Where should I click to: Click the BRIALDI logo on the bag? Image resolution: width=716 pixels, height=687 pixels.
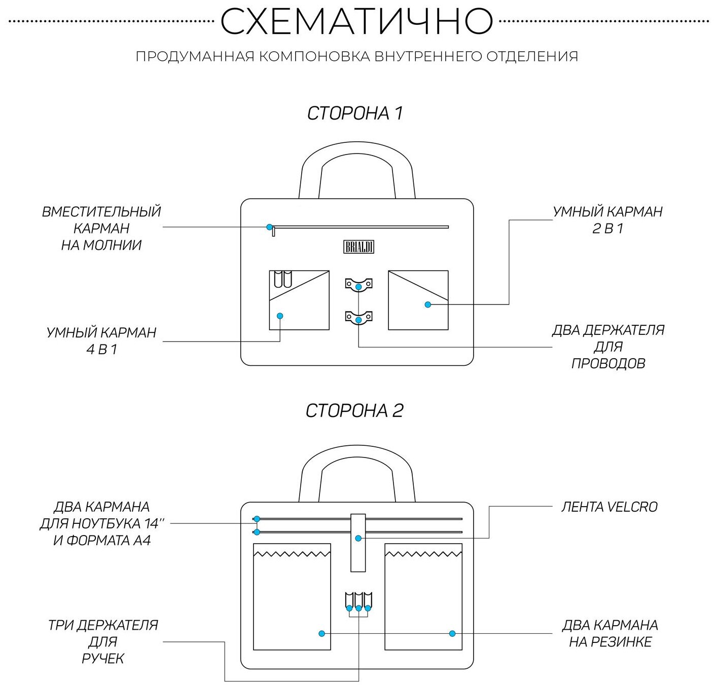(x=359, y=247)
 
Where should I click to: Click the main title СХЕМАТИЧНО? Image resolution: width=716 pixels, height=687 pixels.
(x=356, y=21)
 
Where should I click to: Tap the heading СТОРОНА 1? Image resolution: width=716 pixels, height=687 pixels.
(x=355, y=113)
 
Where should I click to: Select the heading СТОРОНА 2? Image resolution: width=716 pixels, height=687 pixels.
(x=354, y=410)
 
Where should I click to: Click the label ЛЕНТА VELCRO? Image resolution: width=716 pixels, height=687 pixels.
(x=609, y=507)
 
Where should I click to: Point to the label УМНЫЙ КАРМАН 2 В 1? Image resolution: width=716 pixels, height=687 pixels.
(x=607, y=220)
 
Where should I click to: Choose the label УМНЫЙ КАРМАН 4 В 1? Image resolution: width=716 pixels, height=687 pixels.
(x=101, y=341)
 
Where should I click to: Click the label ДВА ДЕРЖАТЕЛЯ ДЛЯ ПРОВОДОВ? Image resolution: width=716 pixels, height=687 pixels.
(x=608, y=347)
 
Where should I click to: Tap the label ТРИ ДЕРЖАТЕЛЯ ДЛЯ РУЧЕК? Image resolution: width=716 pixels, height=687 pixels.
(x=103, y=641)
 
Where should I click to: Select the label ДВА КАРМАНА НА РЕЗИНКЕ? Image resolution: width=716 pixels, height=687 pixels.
(x=610, y=633)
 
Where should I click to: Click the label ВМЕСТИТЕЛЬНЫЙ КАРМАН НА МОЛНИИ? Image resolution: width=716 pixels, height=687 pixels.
(x=101, y=228)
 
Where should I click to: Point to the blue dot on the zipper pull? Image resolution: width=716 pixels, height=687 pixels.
(x=270, y=227)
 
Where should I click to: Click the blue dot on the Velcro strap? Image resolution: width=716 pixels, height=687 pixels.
(x=358, y=538)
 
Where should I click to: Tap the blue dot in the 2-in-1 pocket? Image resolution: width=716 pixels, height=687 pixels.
(x=427, y=304)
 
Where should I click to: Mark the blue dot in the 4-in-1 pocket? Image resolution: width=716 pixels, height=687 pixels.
(x=280, y=316)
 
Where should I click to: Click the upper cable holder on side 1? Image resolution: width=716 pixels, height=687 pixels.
(x=359, y=284)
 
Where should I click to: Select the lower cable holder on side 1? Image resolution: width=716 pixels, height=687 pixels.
(x=359, y=318)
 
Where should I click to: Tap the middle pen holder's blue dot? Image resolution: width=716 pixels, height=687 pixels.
(x=359, y=608)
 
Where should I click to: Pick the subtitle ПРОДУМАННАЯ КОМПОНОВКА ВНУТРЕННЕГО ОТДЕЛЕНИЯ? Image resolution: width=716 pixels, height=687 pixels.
(x=356, y=56)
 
